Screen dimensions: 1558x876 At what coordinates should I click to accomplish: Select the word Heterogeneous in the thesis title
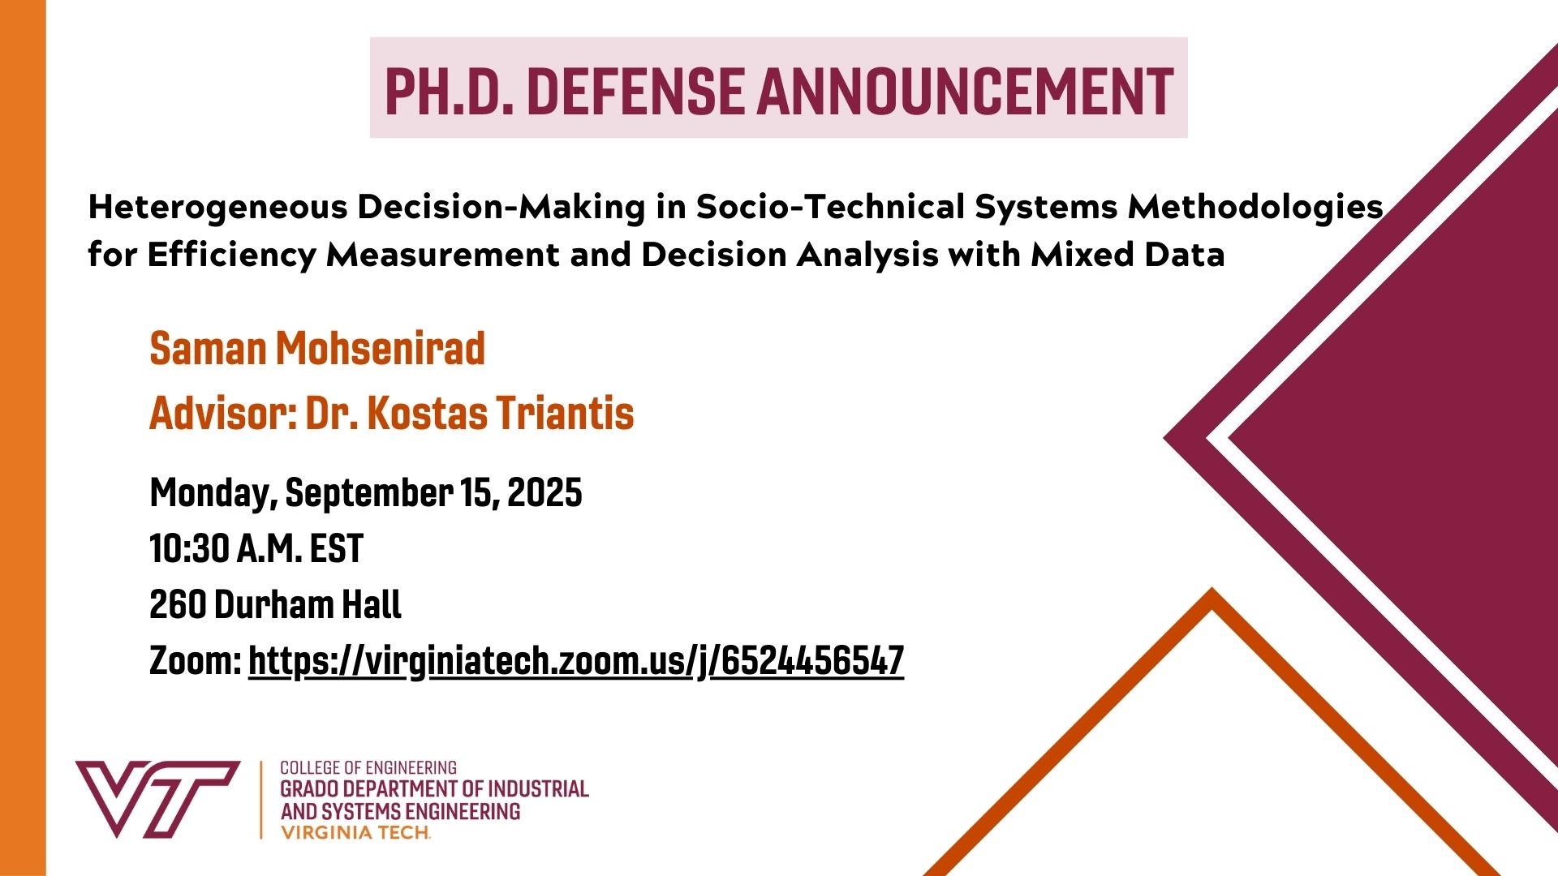pyautogui.click(x=217, y=208)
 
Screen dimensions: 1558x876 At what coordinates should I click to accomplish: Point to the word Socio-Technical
pyautogui.click(x=831, y=208)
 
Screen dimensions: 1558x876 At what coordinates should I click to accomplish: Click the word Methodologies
pyautogui.click(x=1255, y=208)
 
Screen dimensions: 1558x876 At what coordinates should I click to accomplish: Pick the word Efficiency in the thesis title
pyautogui.click(x=231, y=255)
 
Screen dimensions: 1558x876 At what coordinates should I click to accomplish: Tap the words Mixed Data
pyautogui.click(x=1127, y=255)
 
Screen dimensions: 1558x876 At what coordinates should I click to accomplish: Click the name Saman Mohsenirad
pyautogui.click(x=317, y=349)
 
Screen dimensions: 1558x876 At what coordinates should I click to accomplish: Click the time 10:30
pyautogui.click(x=188, y=549)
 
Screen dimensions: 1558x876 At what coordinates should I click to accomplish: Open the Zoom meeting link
pyautogui.click(x=576, y=661)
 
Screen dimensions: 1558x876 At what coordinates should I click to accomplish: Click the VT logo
pyautogui.click(x=157, y=799)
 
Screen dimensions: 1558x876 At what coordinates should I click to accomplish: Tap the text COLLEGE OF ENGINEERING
pyautogui.click(x=368, y=767)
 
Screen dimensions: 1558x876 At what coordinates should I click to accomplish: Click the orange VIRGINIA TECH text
pyautogui.click(x=355, y=832)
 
